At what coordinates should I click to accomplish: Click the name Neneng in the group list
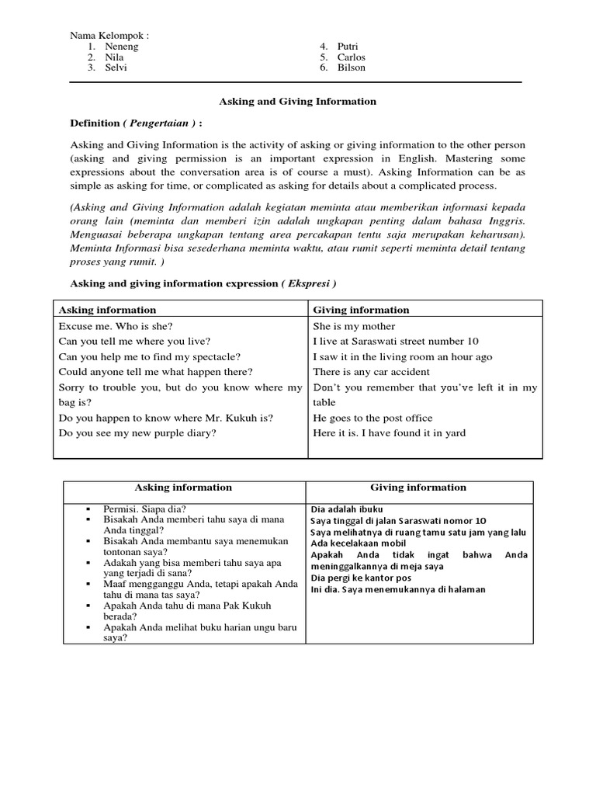(121, 47)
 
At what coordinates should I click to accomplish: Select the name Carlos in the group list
(351, 57)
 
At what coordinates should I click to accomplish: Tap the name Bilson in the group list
(351, 68)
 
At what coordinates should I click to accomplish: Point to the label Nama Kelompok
(109, 36)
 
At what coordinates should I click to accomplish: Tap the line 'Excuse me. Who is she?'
(117, 326)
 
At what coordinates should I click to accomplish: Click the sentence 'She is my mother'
(354, 326)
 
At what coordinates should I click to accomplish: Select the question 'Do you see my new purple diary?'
(137, 432)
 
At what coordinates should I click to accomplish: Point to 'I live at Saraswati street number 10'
(396, 342)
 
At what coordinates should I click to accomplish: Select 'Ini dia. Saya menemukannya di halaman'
(397, 589)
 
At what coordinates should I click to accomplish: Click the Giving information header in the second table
(418, 488)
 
